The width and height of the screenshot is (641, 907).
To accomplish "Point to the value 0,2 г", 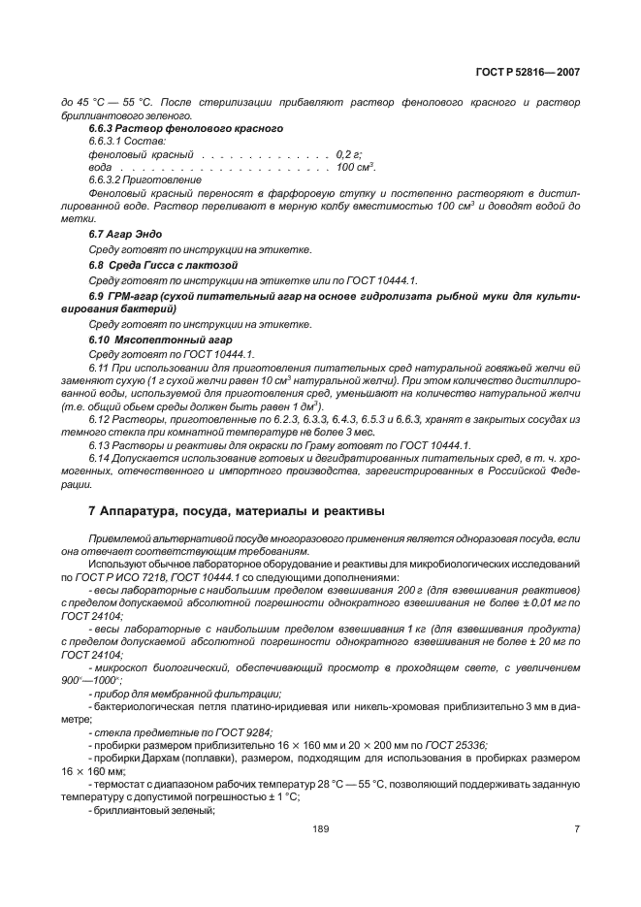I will (x=348, y=154).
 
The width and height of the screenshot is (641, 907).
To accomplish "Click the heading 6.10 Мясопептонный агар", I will (x=160, y=340).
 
